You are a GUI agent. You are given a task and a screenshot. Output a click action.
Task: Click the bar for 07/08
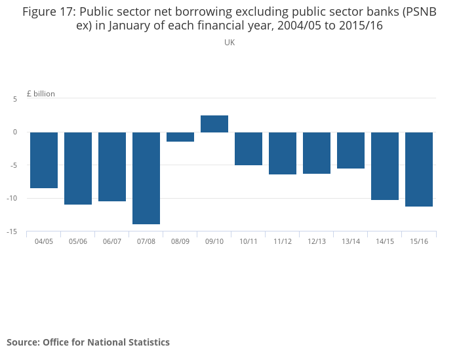(x=146, y=178)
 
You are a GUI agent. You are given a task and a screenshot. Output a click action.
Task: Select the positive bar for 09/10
(x=214, y=124)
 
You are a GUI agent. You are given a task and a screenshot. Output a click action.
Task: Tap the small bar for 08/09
(x=180, y=136)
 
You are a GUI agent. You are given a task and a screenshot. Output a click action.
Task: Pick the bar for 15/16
(x=419, y=169)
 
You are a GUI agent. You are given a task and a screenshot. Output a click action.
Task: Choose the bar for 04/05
(x=44, y=160)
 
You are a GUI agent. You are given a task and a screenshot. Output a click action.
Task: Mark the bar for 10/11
(x=249, y=148)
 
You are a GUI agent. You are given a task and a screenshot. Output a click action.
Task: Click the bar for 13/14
(x=351, y=150)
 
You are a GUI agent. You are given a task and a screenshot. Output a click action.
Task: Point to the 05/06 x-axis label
(x=78, y=241)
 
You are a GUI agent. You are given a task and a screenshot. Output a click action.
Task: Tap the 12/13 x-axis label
(x=317, y=241)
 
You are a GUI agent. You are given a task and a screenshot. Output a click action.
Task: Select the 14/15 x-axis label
(x=385, y=241)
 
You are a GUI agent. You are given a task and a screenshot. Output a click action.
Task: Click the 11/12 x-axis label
(x=283, y=241)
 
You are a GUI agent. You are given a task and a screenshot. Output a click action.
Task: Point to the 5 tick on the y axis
(x=15, y=98)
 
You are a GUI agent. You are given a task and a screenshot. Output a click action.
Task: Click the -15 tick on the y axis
(x=12, y=231)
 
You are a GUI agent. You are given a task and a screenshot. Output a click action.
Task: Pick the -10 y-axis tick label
(x=12, y=198)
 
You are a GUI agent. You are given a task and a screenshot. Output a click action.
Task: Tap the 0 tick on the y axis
(x=15, y=132)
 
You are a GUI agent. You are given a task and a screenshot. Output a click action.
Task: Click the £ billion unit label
(x=41, y=94)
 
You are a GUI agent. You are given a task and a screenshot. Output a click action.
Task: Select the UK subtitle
(x=229, y=43)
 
